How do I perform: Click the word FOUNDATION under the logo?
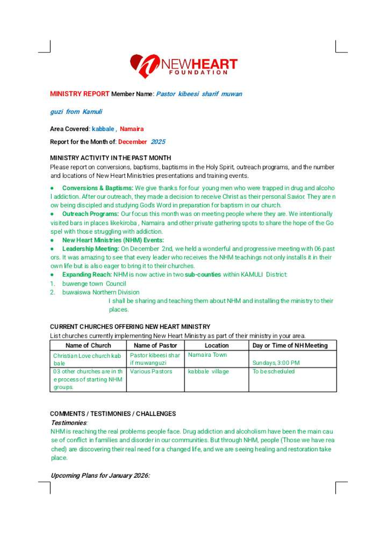pyautogui.click(x=198, y=73)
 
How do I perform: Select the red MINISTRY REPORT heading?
pyautogui.click(x=80, y=94)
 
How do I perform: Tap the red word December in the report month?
pyautogui.click(x=132, y=142)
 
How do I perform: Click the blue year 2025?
pyautogui.click(x=158, y=142)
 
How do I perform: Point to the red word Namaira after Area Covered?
pyautogui.click(x=132, y=129)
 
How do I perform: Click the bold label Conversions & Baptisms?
pyautogui.click(x=97, y=188)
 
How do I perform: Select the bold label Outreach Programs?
pyautogui.click(x=90, y=214)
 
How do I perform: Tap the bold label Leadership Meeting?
pyautogui.click(x=91, y=249)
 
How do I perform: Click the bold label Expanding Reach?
pyautogui.click(x=87, y=275)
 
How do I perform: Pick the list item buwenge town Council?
pyautogui.click(x=94, y=284)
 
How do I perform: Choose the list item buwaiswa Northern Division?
pyautogui.click(x=101, y=292)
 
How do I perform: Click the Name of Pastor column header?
pyautogui.click(x=155, y=346)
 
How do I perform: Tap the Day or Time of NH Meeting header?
pyautogui.click(x=290, y=346)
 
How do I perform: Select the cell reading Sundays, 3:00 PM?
pyautogui.click(x=276, y=363)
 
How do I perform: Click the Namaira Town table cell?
pyautogui.click(x=207, y=355)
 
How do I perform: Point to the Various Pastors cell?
pyautogui.click(x=151, y=372)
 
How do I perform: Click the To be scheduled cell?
pyautogui.click(x=273, y=372)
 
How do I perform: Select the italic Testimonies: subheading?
pyautogui.click(x=69, y=423)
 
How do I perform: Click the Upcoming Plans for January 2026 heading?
pyautogui.click(x=100, y=476)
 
